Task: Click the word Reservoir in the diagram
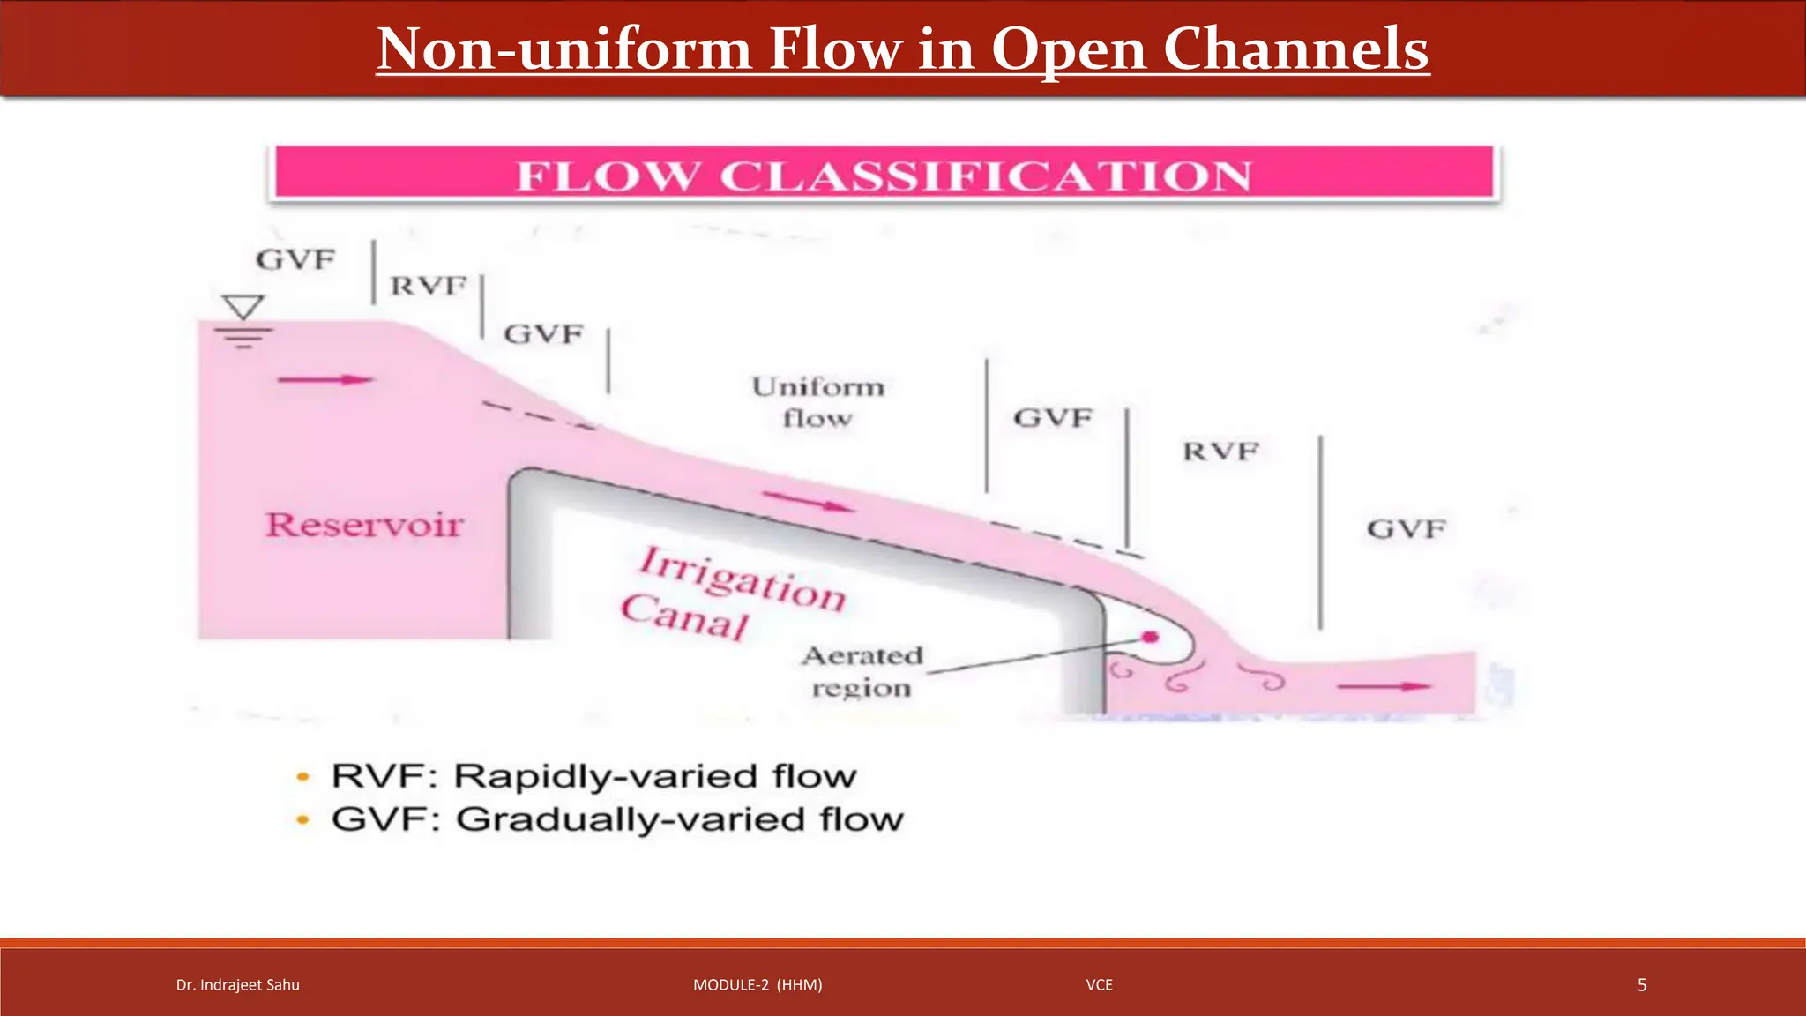364,525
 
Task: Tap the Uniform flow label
817,402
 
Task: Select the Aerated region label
862,671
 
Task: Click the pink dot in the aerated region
1150,637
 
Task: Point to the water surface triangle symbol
243,307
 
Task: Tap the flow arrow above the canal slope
808,502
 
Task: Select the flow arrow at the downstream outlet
1384,686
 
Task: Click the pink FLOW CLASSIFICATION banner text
884,175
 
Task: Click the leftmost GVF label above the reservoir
295,260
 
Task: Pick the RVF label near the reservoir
429,286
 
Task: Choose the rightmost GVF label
1407,529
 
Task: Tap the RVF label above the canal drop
1220,452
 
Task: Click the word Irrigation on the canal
743,579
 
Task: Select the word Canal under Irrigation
684,616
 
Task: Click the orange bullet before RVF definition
303,777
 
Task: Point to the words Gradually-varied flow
679,819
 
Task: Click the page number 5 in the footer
1642,985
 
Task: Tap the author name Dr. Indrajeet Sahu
238,985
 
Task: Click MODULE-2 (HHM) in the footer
757,985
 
